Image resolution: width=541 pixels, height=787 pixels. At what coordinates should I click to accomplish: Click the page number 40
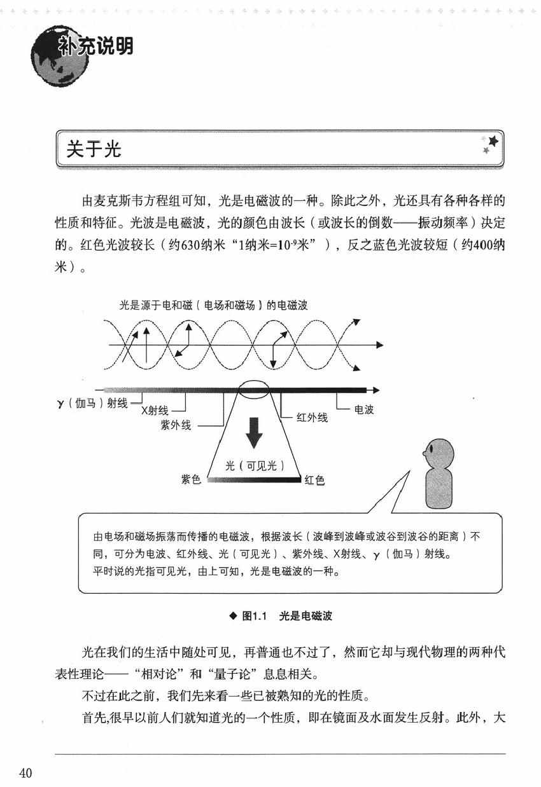coord(25,772)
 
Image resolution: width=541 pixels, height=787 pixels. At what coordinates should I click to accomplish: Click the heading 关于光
coord(94,149)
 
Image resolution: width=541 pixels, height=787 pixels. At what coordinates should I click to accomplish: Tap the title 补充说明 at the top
coord(95,46)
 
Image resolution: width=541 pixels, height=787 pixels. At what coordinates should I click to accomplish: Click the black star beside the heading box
coord(492,140)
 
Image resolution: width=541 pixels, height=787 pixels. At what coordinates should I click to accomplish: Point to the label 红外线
coord(312,418)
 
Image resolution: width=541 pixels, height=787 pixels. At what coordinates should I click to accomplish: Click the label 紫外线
coord(176,425)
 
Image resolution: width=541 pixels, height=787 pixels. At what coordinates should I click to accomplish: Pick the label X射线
coord(155,411)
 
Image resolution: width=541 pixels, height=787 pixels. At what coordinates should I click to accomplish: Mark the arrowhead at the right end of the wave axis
coord(379,345)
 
